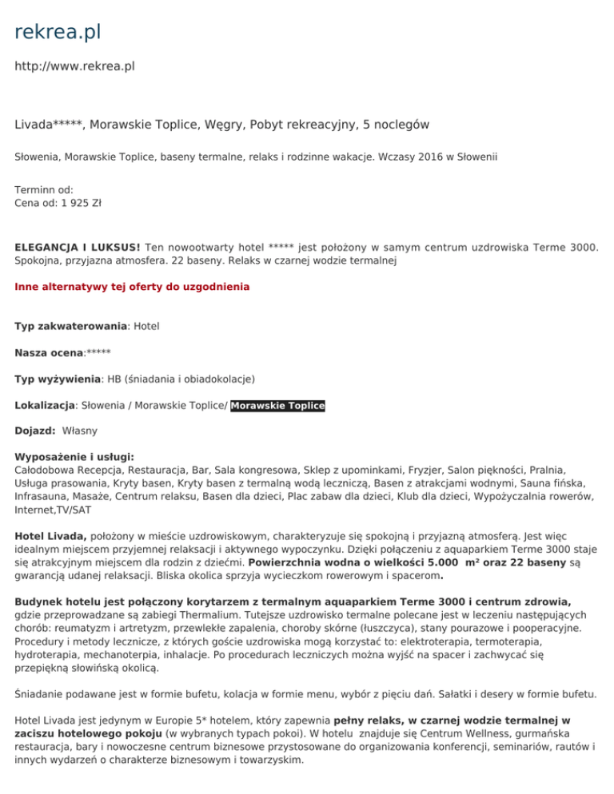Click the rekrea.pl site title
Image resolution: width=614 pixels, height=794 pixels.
coord(58,33)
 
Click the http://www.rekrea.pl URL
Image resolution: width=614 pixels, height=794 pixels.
coord(74,66)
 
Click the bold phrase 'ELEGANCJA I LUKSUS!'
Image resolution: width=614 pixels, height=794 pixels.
coord(78,248)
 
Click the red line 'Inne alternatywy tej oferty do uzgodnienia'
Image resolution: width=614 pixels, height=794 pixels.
coord(132,286)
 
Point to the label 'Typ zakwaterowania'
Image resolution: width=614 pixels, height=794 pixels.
coord(70,326)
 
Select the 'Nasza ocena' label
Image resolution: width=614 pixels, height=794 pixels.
coord(49,352)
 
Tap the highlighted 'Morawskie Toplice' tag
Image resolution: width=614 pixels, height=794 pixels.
coord(277,405)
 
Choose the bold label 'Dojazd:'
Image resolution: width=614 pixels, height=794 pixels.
coord(35,431)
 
